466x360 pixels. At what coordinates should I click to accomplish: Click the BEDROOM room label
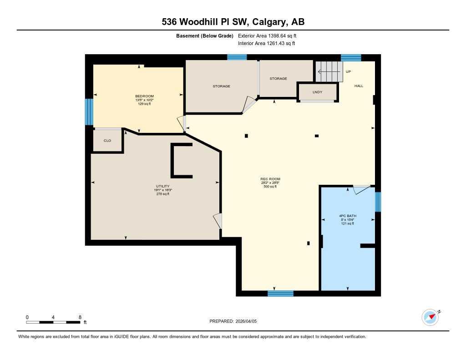(144, 96)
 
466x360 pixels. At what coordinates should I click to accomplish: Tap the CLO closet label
(107, 141)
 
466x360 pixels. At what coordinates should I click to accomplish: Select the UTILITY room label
(162, 186)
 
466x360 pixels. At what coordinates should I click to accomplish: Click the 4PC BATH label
(347, 216)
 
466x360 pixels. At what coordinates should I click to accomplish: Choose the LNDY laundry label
(317, 92)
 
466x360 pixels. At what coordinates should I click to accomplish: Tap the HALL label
(359, 86)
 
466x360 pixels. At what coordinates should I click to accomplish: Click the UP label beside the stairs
(349, 72)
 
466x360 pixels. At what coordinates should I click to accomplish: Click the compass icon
(430, 317)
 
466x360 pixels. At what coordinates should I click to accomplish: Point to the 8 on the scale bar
(80, 317)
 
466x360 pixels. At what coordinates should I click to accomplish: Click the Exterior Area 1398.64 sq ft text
(267, 35)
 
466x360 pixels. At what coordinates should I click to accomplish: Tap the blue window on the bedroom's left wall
(89, 112)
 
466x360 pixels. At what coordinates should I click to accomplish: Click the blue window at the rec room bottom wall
(280, 294)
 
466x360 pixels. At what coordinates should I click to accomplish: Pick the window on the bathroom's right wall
(378, 202)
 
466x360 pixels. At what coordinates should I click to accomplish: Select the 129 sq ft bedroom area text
(144, 104)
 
